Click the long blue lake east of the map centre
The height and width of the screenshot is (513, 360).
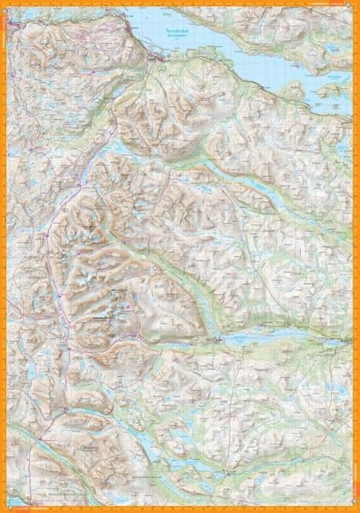coord(282,337)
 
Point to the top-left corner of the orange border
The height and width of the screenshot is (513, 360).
coord(3,3)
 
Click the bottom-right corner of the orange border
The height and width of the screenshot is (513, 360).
coord(357,510)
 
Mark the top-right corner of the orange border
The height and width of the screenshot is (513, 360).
coord(357,3)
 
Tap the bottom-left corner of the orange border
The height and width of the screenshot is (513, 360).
coord(3,510)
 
